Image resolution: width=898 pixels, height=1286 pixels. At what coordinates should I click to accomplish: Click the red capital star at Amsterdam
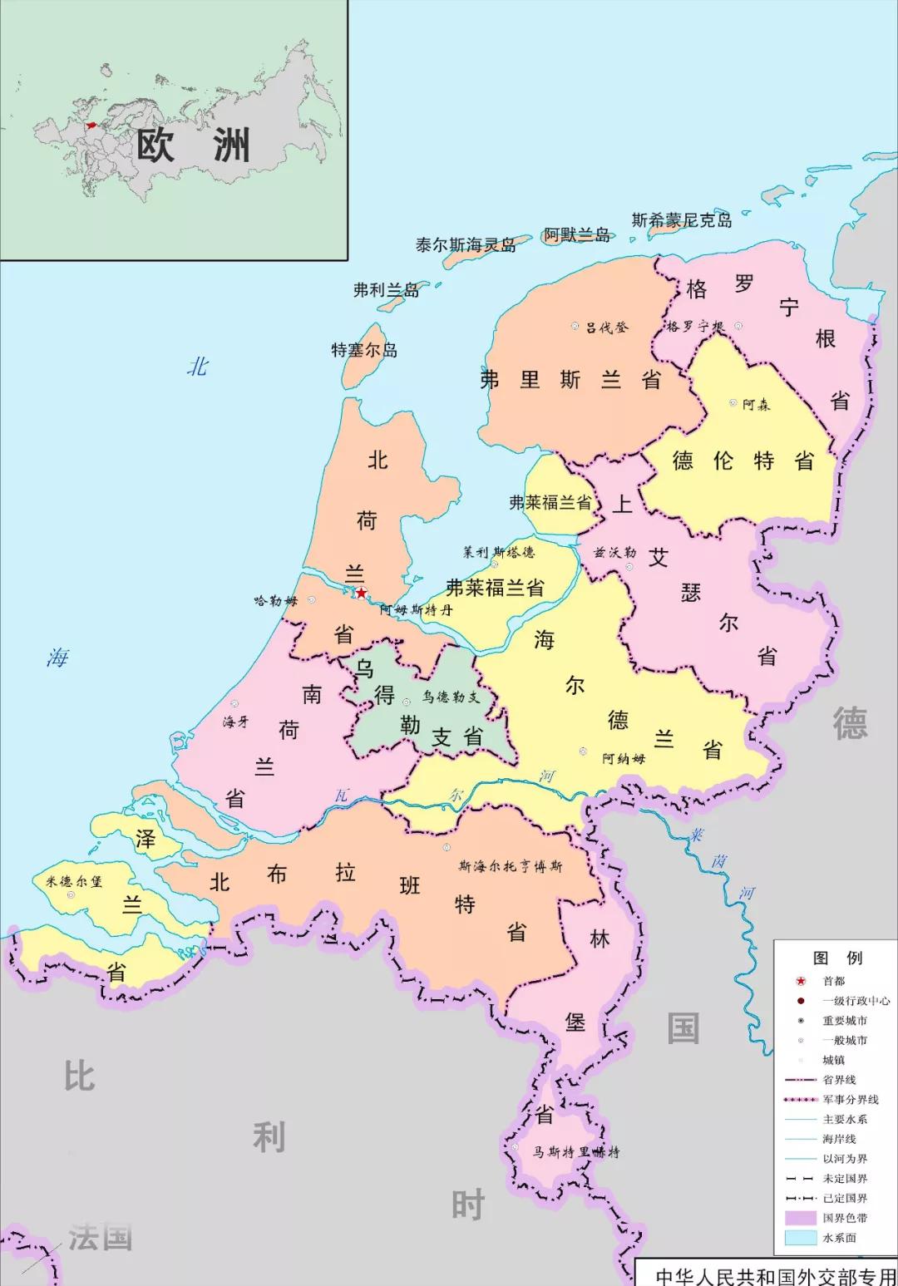pyautogui.click(x=361, y=593)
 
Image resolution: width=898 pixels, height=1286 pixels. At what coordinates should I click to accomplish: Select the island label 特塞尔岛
pyautogui.click(x=364, y=350)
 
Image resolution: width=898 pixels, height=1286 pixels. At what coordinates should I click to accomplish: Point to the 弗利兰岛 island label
pyautogui.click(x=386, y=290)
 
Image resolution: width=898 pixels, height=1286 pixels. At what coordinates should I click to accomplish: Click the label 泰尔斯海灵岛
pyautogui.click(x=466, y=245)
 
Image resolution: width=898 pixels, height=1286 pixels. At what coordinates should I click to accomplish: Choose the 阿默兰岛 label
pyautogui.click(x=577, y=235)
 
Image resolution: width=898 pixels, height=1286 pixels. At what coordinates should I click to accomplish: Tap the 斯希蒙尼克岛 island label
pyautogui.click(x=681, y=220)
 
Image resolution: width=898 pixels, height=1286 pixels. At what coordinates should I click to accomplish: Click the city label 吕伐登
pyautogui.click(x=607, y=328)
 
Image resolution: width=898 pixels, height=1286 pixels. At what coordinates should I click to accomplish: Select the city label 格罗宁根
pyautogui.click(x=695, y=327)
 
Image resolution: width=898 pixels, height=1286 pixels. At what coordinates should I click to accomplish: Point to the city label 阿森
pyautogui.click(x=756, y=404)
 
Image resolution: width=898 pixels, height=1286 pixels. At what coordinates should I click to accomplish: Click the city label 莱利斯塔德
pyautogui.click(x=499, y=552)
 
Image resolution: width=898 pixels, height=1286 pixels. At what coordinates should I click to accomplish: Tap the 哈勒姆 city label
pyautogui.click(x=275, y=600)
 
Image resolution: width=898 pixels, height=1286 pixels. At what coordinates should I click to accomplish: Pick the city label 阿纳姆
pyautogui.click(x=624, y=758)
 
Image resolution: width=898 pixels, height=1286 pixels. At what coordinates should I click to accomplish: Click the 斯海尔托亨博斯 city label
pyautogui.click(x=511, y=866)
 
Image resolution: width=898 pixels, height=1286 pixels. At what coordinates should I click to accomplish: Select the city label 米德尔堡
pyautogui.click(x=74, y=881)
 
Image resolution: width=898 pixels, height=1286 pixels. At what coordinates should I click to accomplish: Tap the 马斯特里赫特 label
pyautogui.click(x=576, y=1152)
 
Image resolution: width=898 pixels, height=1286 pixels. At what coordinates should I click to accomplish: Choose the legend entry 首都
pyautogui.click(x=834, y=981)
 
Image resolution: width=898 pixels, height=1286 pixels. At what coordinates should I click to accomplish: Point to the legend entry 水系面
pyautogui.click(x=839, y=1238)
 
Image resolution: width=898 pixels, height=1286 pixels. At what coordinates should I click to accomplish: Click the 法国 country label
pyautogui.click(x=100, y=1237)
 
